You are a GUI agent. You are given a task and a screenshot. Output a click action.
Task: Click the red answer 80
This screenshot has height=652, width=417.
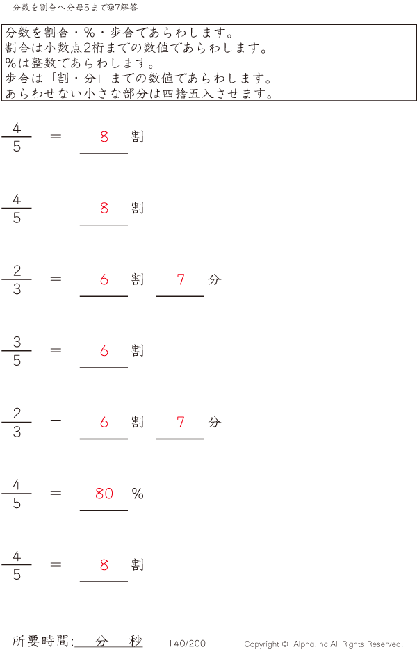pyautogui.click(x=104, y=494)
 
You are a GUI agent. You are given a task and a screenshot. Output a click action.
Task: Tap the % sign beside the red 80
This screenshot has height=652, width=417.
pyautogui.click(x=138, y=494)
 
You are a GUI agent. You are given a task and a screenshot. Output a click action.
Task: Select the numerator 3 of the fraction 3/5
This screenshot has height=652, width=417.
pyautogui.click(x=17, y=341)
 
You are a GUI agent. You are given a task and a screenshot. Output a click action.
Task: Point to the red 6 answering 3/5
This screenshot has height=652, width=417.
pyautogui.click(x=104, y=351)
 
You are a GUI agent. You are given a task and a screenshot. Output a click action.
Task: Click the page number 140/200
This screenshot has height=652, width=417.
pyautogui.click(x=188, y=644)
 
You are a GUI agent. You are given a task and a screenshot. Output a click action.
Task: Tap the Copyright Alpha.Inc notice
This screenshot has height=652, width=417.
pyautogui.click(x=323, y=644)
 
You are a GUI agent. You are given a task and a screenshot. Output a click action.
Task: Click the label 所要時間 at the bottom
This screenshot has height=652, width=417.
pyautogui.click(x=42, y=642)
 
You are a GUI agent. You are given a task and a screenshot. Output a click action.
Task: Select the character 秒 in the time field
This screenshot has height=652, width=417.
pyautogui.click(x=136, y=642)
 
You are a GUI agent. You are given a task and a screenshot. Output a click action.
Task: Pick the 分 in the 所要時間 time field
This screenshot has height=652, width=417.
pyautogui.click(x=102, y=642)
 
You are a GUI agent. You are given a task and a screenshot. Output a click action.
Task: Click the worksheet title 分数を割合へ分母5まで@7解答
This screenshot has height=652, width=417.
pyautogui.click(x=76, y=7)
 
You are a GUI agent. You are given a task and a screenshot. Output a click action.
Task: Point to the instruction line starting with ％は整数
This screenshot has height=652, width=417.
pyautogui.click(x=80, y=63)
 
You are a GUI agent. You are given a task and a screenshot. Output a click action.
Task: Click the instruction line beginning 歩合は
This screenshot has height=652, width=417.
pyautogui.click(x=138, y=78)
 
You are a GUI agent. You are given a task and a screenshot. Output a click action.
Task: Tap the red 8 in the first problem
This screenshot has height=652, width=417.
pyautogui.click(x=104, y=137)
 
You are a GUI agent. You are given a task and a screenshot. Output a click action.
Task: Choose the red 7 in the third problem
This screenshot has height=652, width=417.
pyautogui.click(x=181, y=279)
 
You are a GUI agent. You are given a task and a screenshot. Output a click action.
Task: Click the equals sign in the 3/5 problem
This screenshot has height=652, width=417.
pyautogui.click(x=56, y=350)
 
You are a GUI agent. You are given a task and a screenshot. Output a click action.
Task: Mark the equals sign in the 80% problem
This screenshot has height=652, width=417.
pyautogui.click(x=56, y=493)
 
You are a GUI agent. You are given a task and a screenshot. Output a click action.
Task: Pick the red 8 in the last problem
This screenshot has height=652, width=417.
pyautogui.click(x=104, y=565)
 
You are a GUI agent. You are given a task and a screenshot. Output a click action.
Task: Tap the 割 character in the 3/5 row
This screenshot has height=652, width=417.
pyautogui.click(x=138, y=351)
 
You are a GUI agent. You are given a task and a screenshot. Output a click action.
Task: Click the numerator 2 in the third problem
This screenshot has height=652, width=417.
pyautogui.click(x=17, y=270)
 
